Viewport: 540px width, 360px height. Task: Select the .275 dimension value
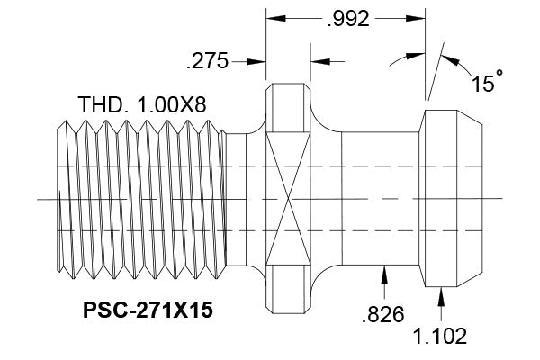206,62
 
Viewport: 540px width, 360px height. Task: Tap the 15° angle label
486,84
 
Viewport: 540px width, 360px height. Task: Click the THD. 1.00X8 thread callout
142,104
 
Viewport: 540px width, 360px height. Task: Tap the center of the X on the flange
287,198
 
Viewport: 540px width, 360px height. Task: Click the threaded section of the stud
139,198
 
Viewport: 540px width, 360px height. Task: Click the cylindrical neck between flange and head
379,198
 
